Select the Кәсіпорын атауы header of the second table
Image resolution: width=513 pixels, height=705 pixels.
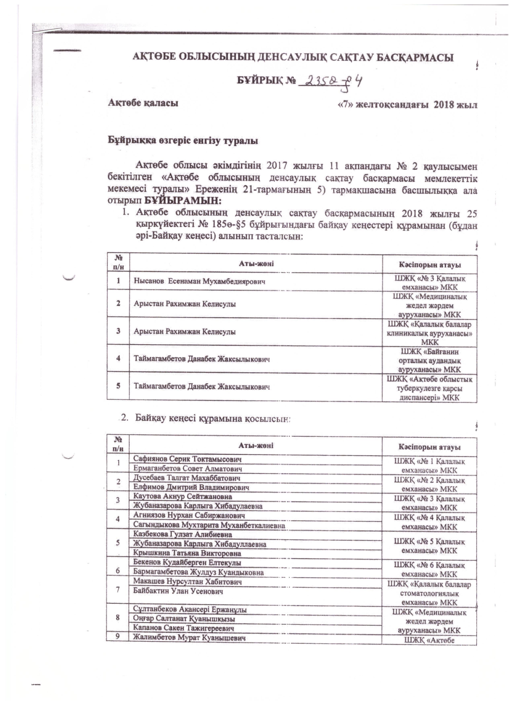pos(429,448)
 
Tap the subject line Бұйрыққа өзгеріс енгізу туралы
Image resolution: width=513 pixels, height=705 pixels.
pos(183,141)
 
